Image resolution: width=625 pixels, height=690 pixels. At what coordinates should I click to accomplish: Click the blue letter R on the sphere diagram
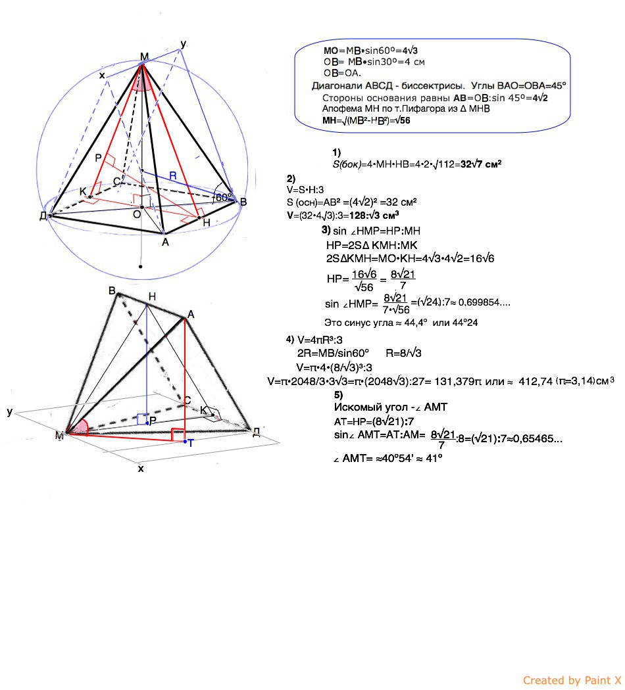[173, 176]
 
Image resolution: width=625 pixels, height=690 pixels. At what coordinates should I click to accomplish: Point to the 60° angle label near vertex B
[223, 196]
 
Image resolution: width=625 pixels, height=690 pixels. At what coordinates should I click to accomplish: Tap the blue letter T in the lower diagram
[190, 443]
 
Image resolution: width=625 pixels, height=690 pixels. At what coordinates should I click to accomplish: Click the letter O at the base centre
[137, 214]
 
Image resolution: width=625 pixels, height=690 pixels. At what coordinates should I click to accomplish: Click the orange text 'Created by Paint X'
[572, 680]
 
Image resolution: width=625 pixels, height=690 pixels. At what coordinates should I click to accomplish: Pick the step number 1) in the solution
[336, 152]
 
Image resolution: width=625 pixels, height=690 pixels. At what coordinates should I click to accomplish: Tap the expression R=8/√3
[403, 354]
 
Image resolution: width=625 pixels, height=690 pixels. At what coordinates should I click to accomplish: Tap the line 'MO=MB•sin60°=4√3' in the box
[371, 51]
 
